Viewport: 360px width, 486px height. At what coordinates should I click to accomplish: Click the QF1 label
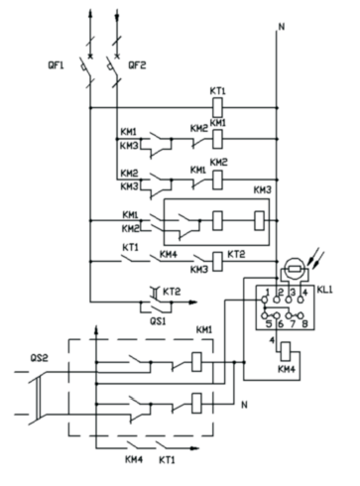(x=56, y=65)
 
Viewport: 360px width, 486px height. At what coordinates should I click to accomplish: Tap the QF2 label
(x=137, y=65)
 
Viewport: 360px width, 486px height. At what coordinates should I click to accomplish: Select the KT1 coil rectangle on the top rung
(x=217, y=107)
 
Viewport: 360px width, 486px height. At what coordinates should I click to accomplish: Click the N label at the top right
(x=282, y=27)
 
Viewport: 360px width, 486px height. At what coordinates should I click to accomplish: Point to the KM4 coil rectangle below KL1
(x=286, y=352)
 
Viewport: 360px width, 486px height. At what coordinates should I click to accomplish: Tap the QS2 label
(x=39, y=358)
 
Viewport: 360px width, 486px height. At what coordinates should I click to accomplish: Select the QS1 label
(x=158, y=320)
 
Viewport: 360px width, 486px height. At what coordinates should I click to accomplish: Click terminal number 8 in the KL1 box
(x=304, y=324)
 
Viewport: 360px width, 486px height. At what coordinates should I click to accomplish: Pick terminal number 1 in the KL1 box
(x=268, y=293)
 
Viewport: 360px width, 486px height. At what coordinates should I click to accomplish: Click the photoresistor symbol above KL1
(x=295, y=270)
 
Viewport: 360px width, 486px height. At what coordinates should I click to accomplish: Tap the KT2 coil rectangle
(x=217, y=262)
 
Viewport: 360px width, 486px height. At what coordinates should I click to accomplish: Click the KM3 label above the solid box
(x=263, y=190)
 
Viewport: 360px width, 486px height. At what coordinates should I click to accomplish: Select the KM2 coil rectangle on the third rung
(x=217, y=180)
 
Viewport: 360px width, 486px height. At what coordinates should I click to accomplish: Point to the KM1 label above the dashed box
(x=204, y=330)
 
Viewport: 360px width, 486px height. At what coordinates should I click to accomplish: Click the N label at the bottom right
(x=244, y=405)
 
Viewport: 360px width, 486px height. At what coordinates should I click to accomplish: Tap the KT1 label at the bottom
(x=167, y=460)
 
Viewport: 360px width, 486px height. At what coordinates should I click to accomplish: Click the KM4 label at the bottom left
(x=134, y=459)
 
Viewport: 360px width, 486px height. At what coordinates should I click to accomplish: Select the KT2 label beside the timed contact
(x=172, y=292)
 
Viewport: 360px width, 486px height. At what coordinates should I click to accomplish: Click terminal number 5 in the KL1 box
(x=269, y=324)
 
